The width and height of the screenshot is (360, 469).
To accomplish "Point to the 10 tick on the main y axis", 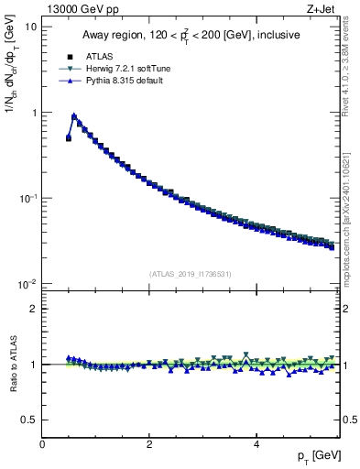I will point(31,27).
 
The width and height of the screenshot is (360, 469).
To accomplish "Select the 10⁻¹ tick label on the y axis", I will point(28,198).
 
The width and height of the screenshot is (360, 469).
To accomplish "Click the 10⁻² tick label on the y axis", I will point(28,284).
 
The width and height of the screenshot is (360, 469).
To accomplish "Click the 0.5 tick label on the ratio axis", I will point(30,420).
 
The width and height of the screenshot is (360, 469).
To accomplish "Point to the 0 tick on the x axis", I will point(42,444).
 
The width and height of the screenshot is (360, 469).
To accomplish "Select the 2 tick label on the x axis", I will point(148,444).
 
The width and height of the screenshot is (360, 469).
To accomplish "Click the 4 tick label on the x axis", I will point(256,444).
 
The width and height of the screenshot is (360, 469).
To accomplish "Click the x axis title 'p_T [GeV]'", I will point(315,456).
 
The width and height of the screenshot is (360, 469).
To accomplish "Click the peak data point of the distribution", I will point(74,117).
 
